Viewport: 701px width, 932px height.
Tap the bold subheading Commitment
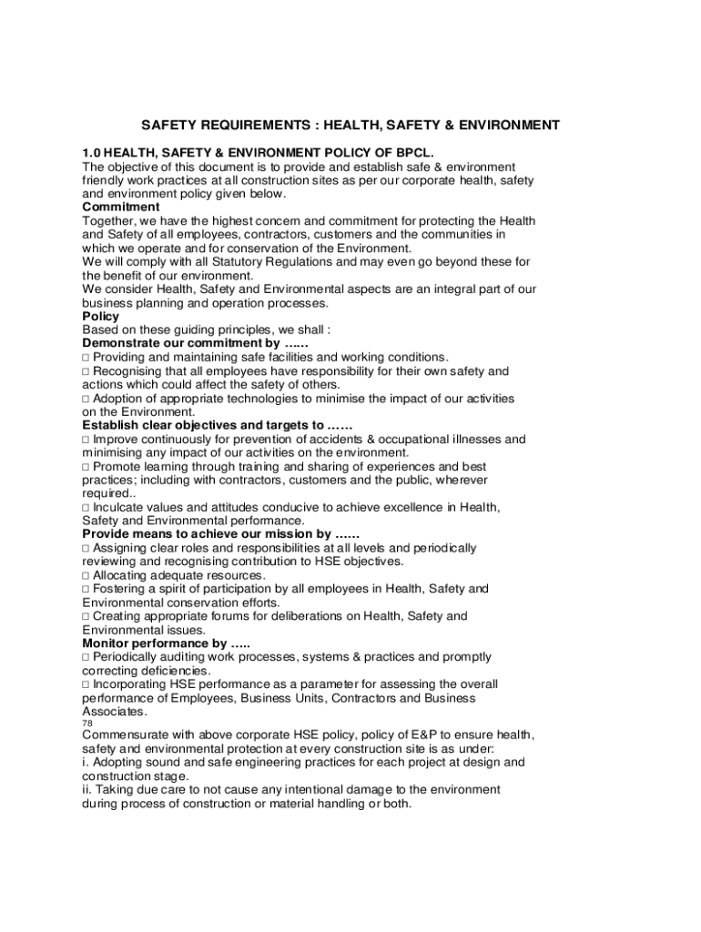click(x=120, y=207)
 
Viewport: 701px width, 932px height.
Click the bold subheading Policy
click(x=100, y=316)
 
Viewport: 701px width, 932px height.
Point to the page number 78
click(x=87, y=724)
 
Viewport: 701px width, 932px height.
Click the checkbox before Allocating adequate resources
click(x=86, y=575)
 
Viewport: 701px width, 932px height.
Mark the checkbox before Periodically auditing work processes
click(x=86, y=656)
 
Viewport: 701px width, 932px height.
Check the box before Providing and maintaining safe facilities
click(x=86, y=357)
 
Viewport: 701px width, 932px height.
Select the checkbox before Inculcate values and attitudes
click(x=86, y=507)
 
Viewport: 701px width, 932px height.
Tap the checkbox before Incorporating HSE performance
click(x=86, y=684)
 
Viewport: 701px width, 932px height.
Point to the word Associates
click(x=114, y=711)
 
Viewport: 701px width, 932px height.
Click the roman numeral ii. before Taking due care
click(x=88, y=789)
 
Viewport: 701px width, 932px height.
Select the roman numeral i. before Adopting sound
click(x=86, y=762)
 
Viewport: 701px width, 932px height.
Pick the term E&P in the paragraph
click(x=400, y=734)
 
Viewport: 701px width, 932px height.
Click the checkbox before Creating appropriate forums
click(x=86, y=616)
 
